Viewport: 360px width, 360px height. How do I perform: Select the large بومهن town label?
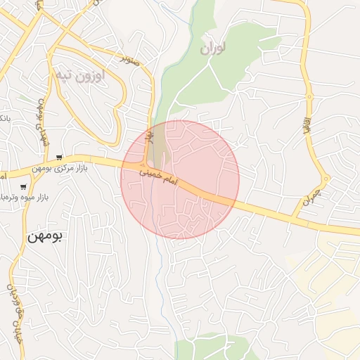[45, 236]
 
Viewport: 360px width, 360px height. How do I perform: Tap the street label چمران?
[311, 196]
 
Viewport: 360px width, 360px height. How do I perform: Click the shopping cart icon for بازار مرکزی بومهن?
[60, 157]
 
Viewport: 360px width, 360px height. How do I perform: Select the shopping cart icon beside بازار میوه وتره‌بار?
[23, 187]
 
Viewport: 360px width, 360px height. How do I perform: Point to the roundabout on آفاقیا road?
[308, 96]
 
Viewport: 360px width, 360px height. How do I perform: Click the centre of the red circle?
[180, 180]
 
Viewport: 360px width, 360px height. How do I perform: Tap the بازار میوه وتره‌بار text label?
[14, 198]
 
